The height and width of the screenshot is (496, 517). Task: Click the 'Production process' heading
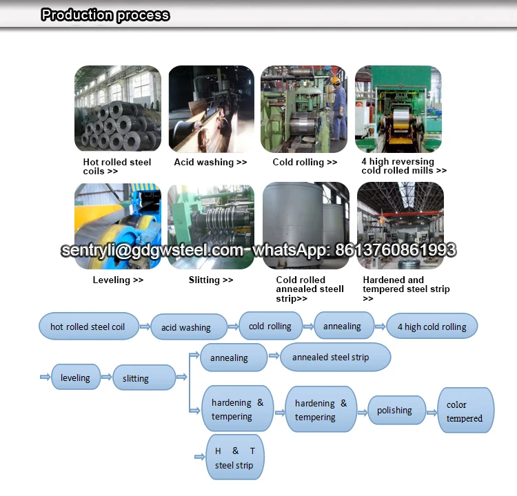pyautogui.click(x=105, y=15)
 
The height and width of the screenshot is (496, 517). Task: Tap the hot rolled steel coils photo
pyautogui.click(x=117, y=109)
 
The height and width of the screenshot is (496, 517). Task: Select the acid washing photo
pyautogui.click(x=211, y=109)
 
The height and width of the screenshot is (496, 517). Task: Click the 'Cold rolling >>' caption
pyautogui.click(x=305, y=163)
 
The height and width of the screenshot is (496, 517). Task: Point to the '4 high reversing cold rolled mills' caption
pyautogui.click(x=404, y=166)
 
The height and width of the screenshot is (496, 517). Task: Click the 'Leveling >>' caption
pyautogui.click(x=118, y=280)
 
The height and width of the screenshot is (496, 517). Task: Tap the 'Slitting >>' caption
pyautogui.click(x=211, y=280)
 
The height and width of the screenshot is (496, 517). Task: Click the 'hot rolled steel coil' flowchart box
pyautogui.click(x=88, y=327)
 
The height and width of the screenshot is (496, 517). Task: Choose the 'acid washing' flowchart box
pyautogui.click(x=186, y=327)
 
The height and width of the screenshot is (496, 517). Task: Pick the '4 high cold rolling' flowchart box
pyautogui.click(x=432, y=327)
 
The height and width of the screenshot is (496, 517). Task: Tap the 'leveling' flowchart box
pyautogui.click(x=75, y=378)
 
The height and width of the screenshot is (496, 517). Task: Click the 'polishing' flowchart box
pyautogui.click(x=394, y=411)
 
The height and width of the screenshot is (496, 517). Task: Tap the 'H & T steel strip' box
pyautogui.click(x=234, y=457)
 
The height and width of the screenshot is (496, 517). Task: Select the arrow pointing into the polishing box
pyautogui.click(x=363, y=412)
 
